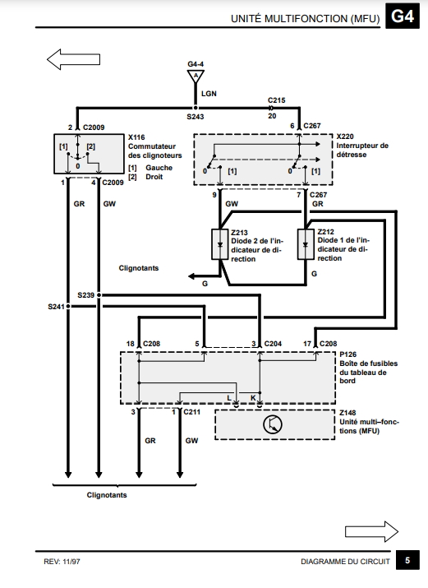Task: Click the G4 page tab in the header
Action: click(x=403, y=16)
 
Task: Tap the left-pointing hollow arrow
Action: click(x=73, y=59)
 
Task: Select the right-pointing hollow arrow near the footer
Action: click(x=371, y=531)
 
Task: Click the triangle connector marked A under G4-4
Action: click(x=196, y=76)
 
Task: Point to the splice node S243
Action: click(x=196, y=108)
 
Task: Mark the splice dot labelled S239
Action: click(x=99, y=295)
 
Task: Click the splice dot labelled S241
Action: click(x=68, y=307)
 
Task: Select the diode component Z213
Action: click(x=220, y=244)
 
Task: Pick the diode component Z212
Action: click(x=306, y=244)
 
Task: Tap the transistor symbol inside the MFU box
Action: click(x=273, y=424)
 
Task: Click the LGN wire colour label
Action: click(x=209, y=94)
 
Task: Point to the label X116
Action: click(x=136, y=137)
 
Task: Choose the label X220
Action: click(x=345, y=137)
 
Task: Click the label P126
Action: click(x=347, y=354)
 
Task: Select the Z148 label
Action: click(x=347, y=413)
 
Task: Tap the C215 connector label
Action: click(x=276, y=100)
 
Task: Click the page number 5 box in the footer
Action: click(x=407, y=560)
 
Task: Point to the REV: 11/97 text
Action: click(x=62, y=562)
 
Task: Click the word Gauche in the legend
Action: click(x=159, y=168)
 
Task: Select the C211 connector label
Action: click(x=191, y=412)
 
